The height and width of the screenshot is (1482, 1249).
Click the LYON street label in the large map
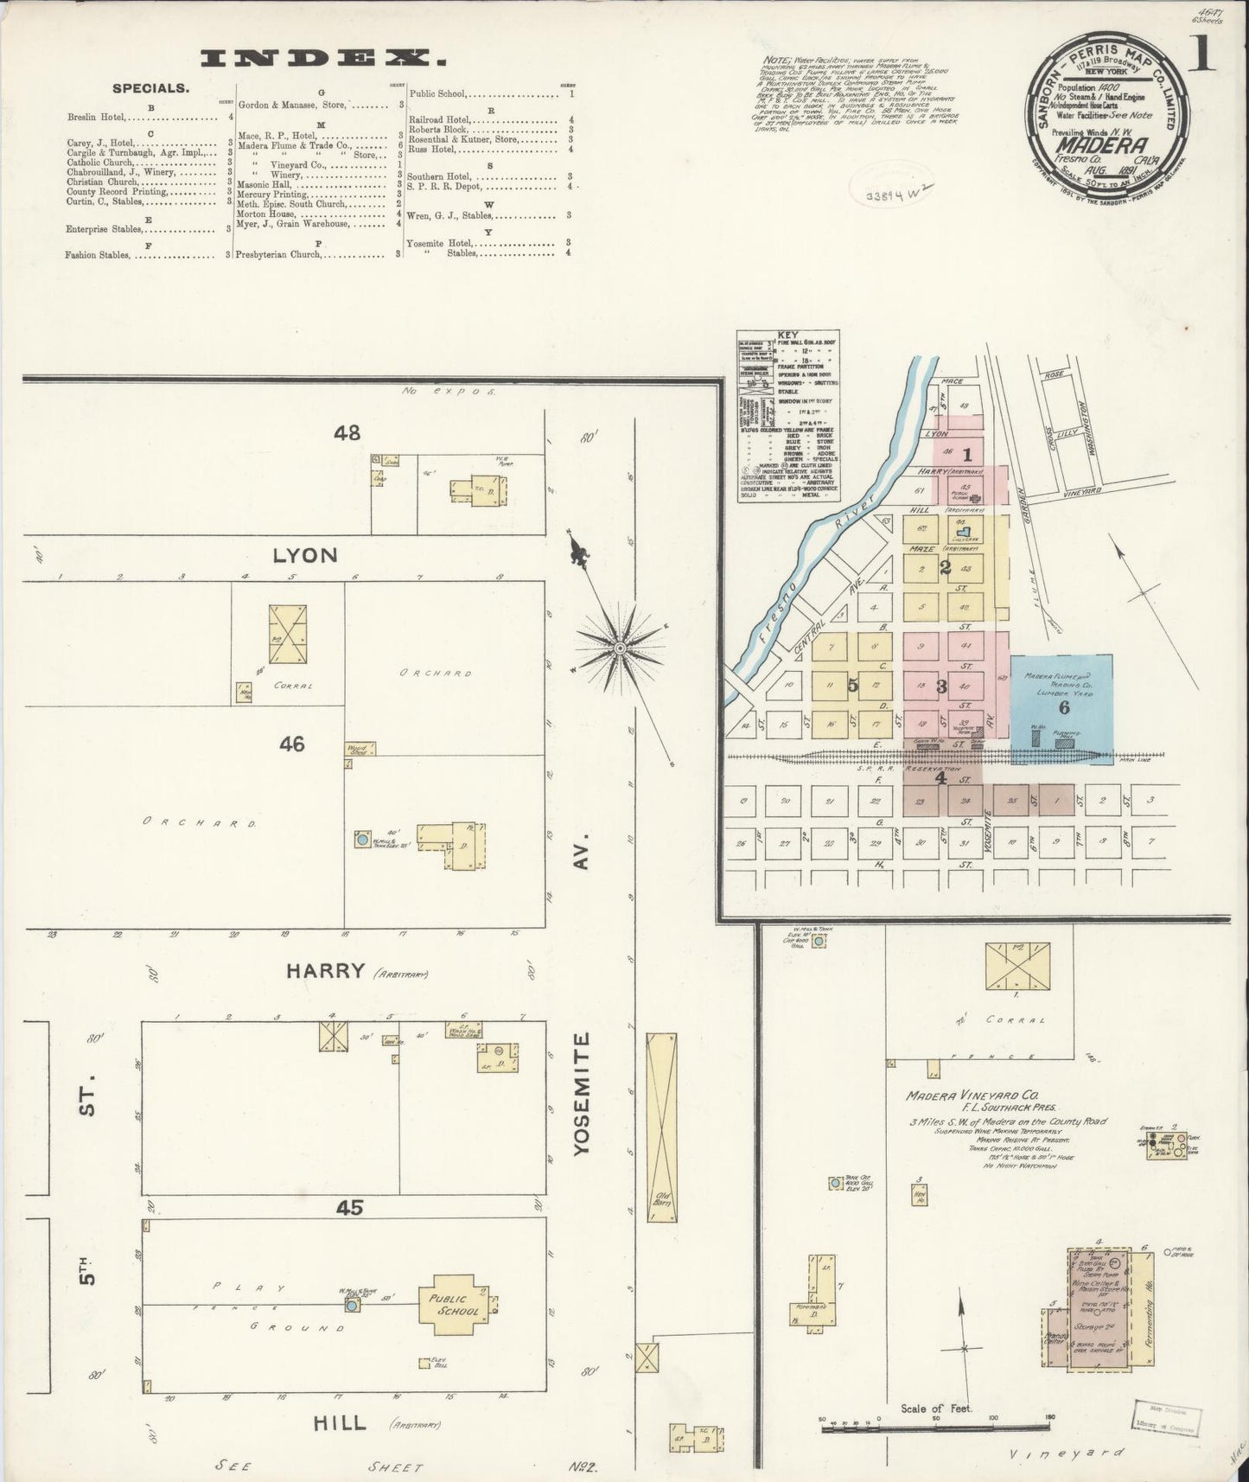click(x=304, y=554)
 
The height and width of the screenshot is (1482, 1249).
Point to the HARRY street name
click(x=326, y=971)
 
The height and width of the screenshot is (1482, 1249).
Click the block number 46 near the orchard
click(x=291, y=743)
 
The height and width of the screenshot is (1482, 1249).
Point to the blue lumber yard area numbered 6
click(x=1063, y=706)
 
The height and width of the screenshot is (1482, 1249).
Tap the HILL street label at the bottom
click(x=343, y=1422)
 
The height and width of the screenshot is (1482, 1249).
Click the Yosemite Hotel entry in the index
click(x=436, y=243)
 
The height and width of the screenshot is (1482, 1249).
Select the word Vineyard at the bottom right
click(x=1067, y=1453)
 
